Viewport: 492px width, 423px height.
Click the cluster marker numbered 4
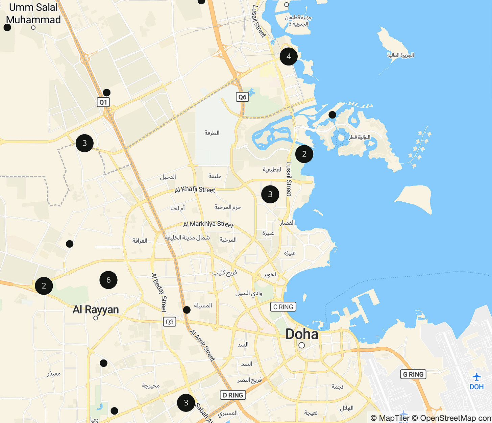289,56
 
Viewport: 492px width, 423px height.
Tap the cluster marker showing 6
108,280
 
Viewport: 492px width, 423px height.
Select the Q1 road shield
103,102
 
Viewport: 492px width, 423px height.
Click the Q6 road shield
242,97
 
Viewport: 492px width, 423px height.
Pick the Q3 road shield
169,322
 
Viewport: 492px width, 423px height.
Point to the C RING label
283,307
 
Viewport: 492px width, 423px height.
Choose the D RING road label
233,395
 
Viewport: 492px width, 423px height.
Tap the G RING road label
413,374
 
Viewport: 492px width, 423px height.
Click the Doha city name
302,334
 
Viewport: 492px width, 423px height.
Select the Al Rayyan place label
96,309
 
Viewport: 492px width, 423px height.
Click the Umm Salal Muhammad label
33,14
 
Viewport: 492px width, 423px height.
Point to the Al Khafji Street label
195,190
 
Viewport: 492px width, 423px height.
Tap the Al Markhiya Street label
208,224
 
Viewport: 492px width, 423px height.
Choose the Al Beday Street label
159,293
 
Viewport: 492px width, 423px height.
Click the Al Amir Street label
202,345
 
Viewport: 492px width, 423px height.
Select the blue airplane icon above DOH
476,376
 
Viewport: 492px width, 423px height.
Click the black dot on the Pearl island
333,115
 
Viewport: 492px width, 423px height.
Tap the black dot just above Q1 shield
106,93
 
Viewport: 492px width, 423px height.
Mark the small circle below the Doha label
302,345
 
